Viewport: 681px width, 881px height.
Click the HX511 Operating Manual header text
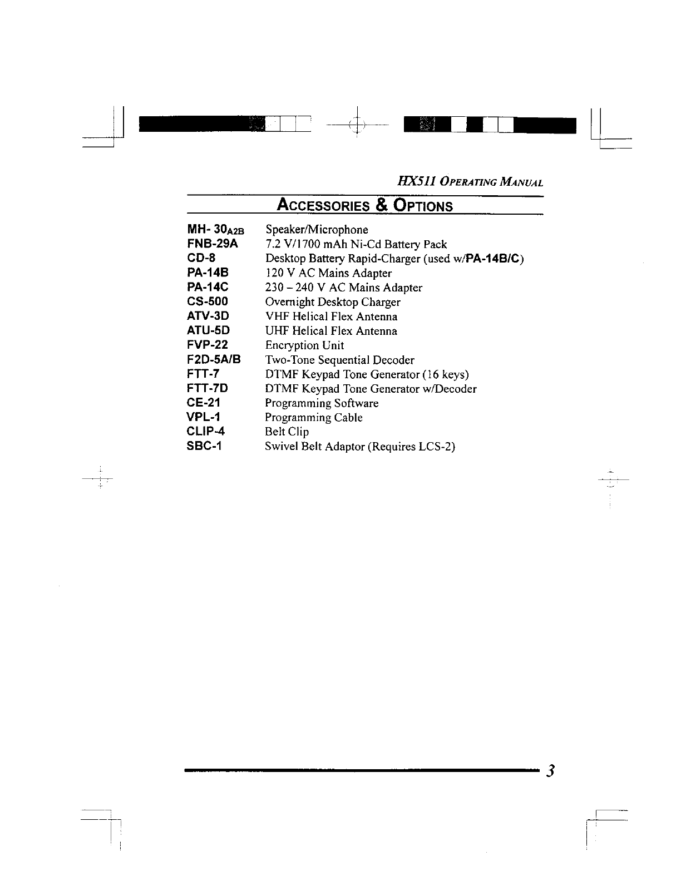pos(471,182)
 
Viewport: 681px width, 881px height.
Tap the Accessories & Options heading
pos(364,205)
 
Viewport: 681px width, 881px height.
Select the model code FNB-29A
pos(212,244)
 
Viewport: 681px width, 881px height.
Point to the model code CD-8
pos(201,258)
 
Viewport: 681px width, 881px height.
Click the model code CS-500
pos(207,301)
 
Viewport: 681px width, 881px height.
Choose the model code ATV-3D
pos(208,316)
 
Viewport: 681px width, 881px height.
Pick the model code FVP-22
pos(207,345)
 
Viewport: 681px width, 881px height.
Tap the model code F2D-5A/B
pos(214,359)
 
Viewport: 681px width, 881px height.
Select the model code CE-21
pos(203,403)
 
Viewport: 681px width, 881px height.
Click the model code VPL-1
pos(203,417)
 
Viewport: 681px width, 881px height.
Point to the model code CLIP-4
pos(206,432)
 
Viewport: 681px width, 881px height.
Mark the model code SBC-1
pos(204,446)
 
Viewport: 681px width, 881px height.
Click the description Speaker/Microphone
pos(317,230)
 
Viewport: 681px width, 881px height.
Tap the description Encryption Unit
pos(304,345)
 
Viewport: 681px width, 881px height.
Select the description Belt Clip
pos(287,432)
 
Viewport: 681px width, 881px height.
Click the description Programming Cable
pos(314,418)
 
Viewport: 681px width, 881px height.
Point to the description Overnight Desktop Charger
pos(333,302)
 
